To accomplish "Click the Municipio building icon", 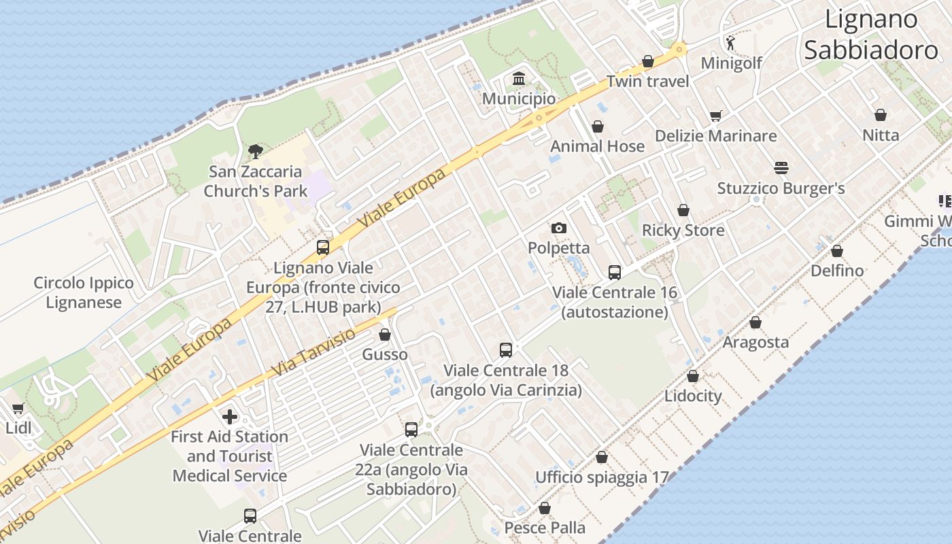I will click(x=519, y=79).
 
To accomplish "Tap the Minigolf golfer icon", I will click(x=730, y=43).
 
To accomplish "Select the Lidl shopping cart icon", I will click(x=18, y=409).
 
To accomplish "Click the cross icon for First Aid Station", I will click(x=230, y=416).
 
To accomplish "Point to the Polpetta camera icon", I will click(x=559, y=228).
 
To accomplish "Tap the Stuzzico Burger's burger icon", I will click(x=781, y=167).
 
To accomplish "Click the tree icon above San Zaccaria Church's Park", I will click(x=255, y=151).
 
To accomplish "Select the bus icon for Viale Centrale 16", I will click(x=615, y=273).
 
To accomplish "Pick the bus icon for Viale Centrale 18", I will click(x=506, y=350).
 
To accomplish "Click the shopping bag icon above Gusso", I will click(x=385, y=335).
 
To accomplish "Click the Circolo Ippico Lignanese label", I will click(x=84, y=292).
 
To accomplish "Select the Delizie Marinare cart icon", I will click(x=715, y=116).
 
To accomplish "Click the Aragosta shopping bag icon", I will click(x=755, y=322).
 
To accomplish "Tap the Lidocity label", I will click(x=693, y=396).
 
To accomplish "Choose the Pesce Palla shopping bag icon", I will click(x=545, y=508).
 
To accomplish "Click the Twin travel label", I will click(x=647, y=82).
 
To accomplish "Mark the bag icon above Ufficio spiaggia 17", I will click(x=602, y=457).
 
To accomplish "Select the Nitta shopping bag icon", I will click(x=881, y=115).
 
